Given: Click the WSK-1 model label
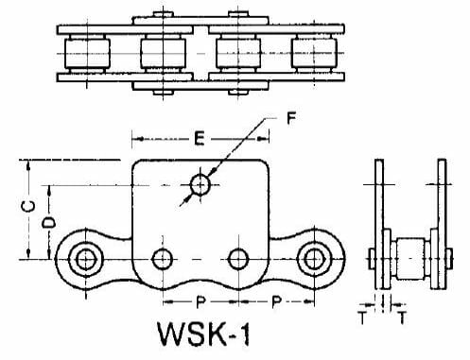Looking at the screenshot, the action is (204, 334).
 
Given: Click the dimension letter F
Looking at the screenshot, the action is (291, 118).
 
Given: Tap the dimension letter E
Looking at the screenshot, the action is (200, 139).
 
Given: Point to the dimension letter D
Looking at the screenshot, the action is (49, 223).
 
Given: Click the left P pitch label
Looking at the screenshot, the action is (200, 301).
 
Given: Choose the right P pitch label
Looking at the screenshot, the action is (276, 301).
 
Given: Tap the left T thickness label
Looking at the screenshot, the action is (362, 318).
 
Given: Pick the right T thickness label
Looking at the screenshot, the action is (402, 318).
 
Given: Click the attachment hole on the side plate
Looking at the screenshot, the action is (200, 185).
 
